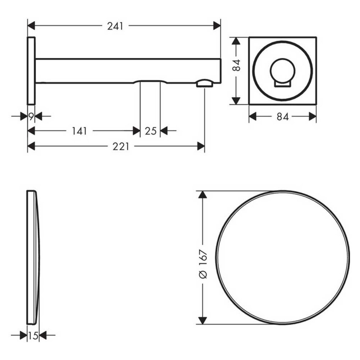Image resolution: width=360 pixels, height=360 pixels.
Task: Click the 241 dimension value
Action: (x=115, y=26)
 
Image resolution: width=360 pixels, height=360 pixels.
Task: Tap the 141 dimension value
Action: (x=79, y=131)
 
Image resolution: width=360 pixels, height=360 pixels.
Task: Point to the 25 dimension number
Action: (x=150, y=131)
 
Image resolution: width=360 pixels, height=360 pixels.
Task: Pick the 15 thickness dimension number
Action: (x=33, y=336)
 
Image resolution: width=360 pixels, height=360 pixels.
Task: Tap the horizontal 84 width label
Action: (x=282, y=116)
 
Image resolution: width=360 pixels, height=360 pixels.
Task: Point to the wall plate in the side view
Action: (x=31, y=70)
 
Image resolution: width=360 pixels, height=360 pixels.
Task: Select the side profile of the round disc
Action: (x=33, y=258)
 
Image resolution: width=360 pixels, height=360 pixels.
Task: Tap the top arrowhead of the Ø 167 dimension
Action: (x=202, y=195)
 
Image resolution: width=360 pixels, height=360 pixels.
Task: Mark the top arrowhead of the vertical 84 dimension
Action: (x=236, y=41)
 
